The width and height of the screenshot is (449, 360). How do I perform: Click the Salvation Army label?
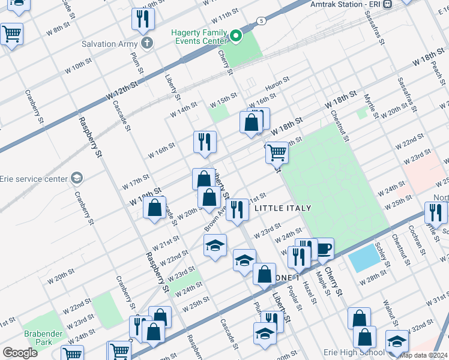(110, 44)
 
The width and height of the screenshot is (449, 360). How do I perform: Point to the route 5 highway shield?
(261, 21)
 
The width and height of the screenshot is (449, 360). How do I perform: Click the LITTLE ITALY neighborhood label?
(283, 208)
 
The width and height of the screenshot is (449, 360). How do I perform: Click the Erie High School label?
(351, 352)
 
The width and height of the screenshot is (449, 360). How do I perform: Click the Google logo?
(20, 353)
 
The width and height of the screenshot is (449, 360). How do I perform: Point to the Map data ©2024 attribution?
(424, 355)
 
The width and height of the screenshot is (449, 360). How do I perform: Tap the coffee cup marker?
(324, 248)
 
